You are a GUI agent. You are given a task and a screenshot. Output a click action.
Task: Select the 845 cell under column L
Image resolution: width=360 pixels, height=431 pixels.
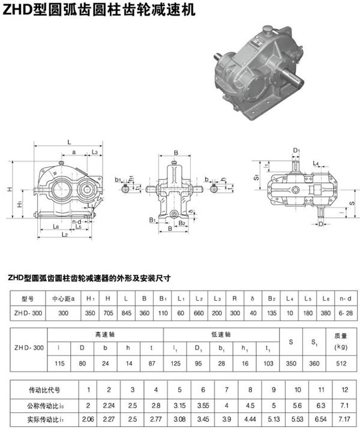point(127,313)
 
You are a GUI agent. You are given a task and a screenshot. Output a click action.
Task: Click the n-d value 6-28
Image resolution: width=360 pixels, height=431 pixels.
point(346,313)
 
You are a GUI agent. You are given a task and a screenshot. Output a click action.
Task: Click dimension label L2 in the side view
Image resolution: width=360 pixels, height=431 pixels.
point(64,234)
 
